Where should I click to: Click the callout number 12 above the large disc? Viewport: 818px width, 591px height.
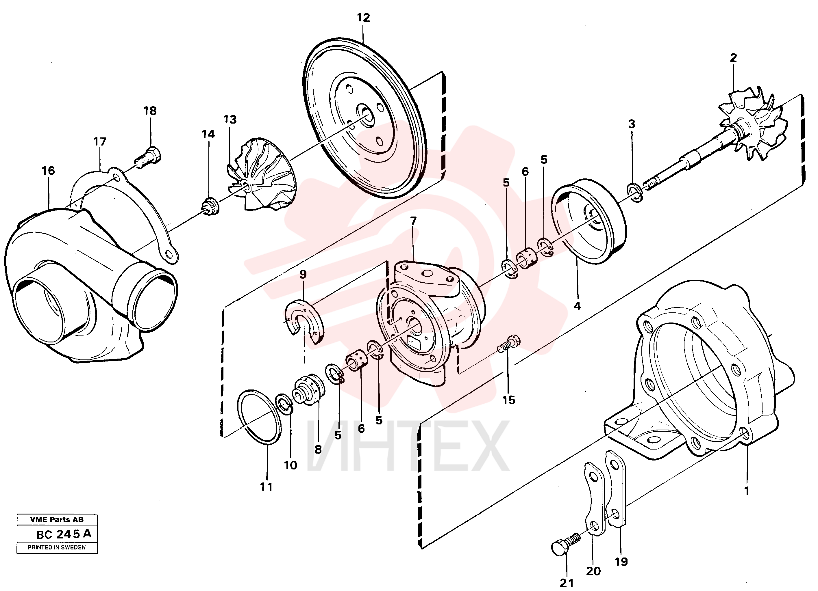(x=363, y=17)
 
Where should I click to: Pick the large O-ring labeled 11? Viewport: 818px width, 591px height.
(x=260, y=417)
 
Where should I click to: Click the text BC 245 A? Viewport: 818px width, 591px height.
(x=64, y=534)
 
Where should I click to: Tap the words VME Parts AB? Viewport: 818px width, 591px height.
(x=57, y=520)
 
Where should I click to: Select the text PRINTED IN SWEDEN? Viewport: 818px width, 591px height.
(x=57, y=547)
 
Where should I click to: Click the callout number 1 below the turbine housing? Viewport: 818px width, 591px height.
(x=747, y=491)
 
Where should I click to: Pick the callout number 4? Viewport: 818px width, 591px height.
(x=577, y=306)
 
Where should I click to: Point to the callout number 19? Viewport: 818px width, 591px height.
(x=621, y=562)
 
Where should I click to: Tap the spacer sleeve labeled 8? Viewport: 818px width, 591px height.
(x=310, y=390)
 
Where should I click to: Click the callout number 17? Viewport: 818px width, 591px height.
(x=100, y=142)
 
